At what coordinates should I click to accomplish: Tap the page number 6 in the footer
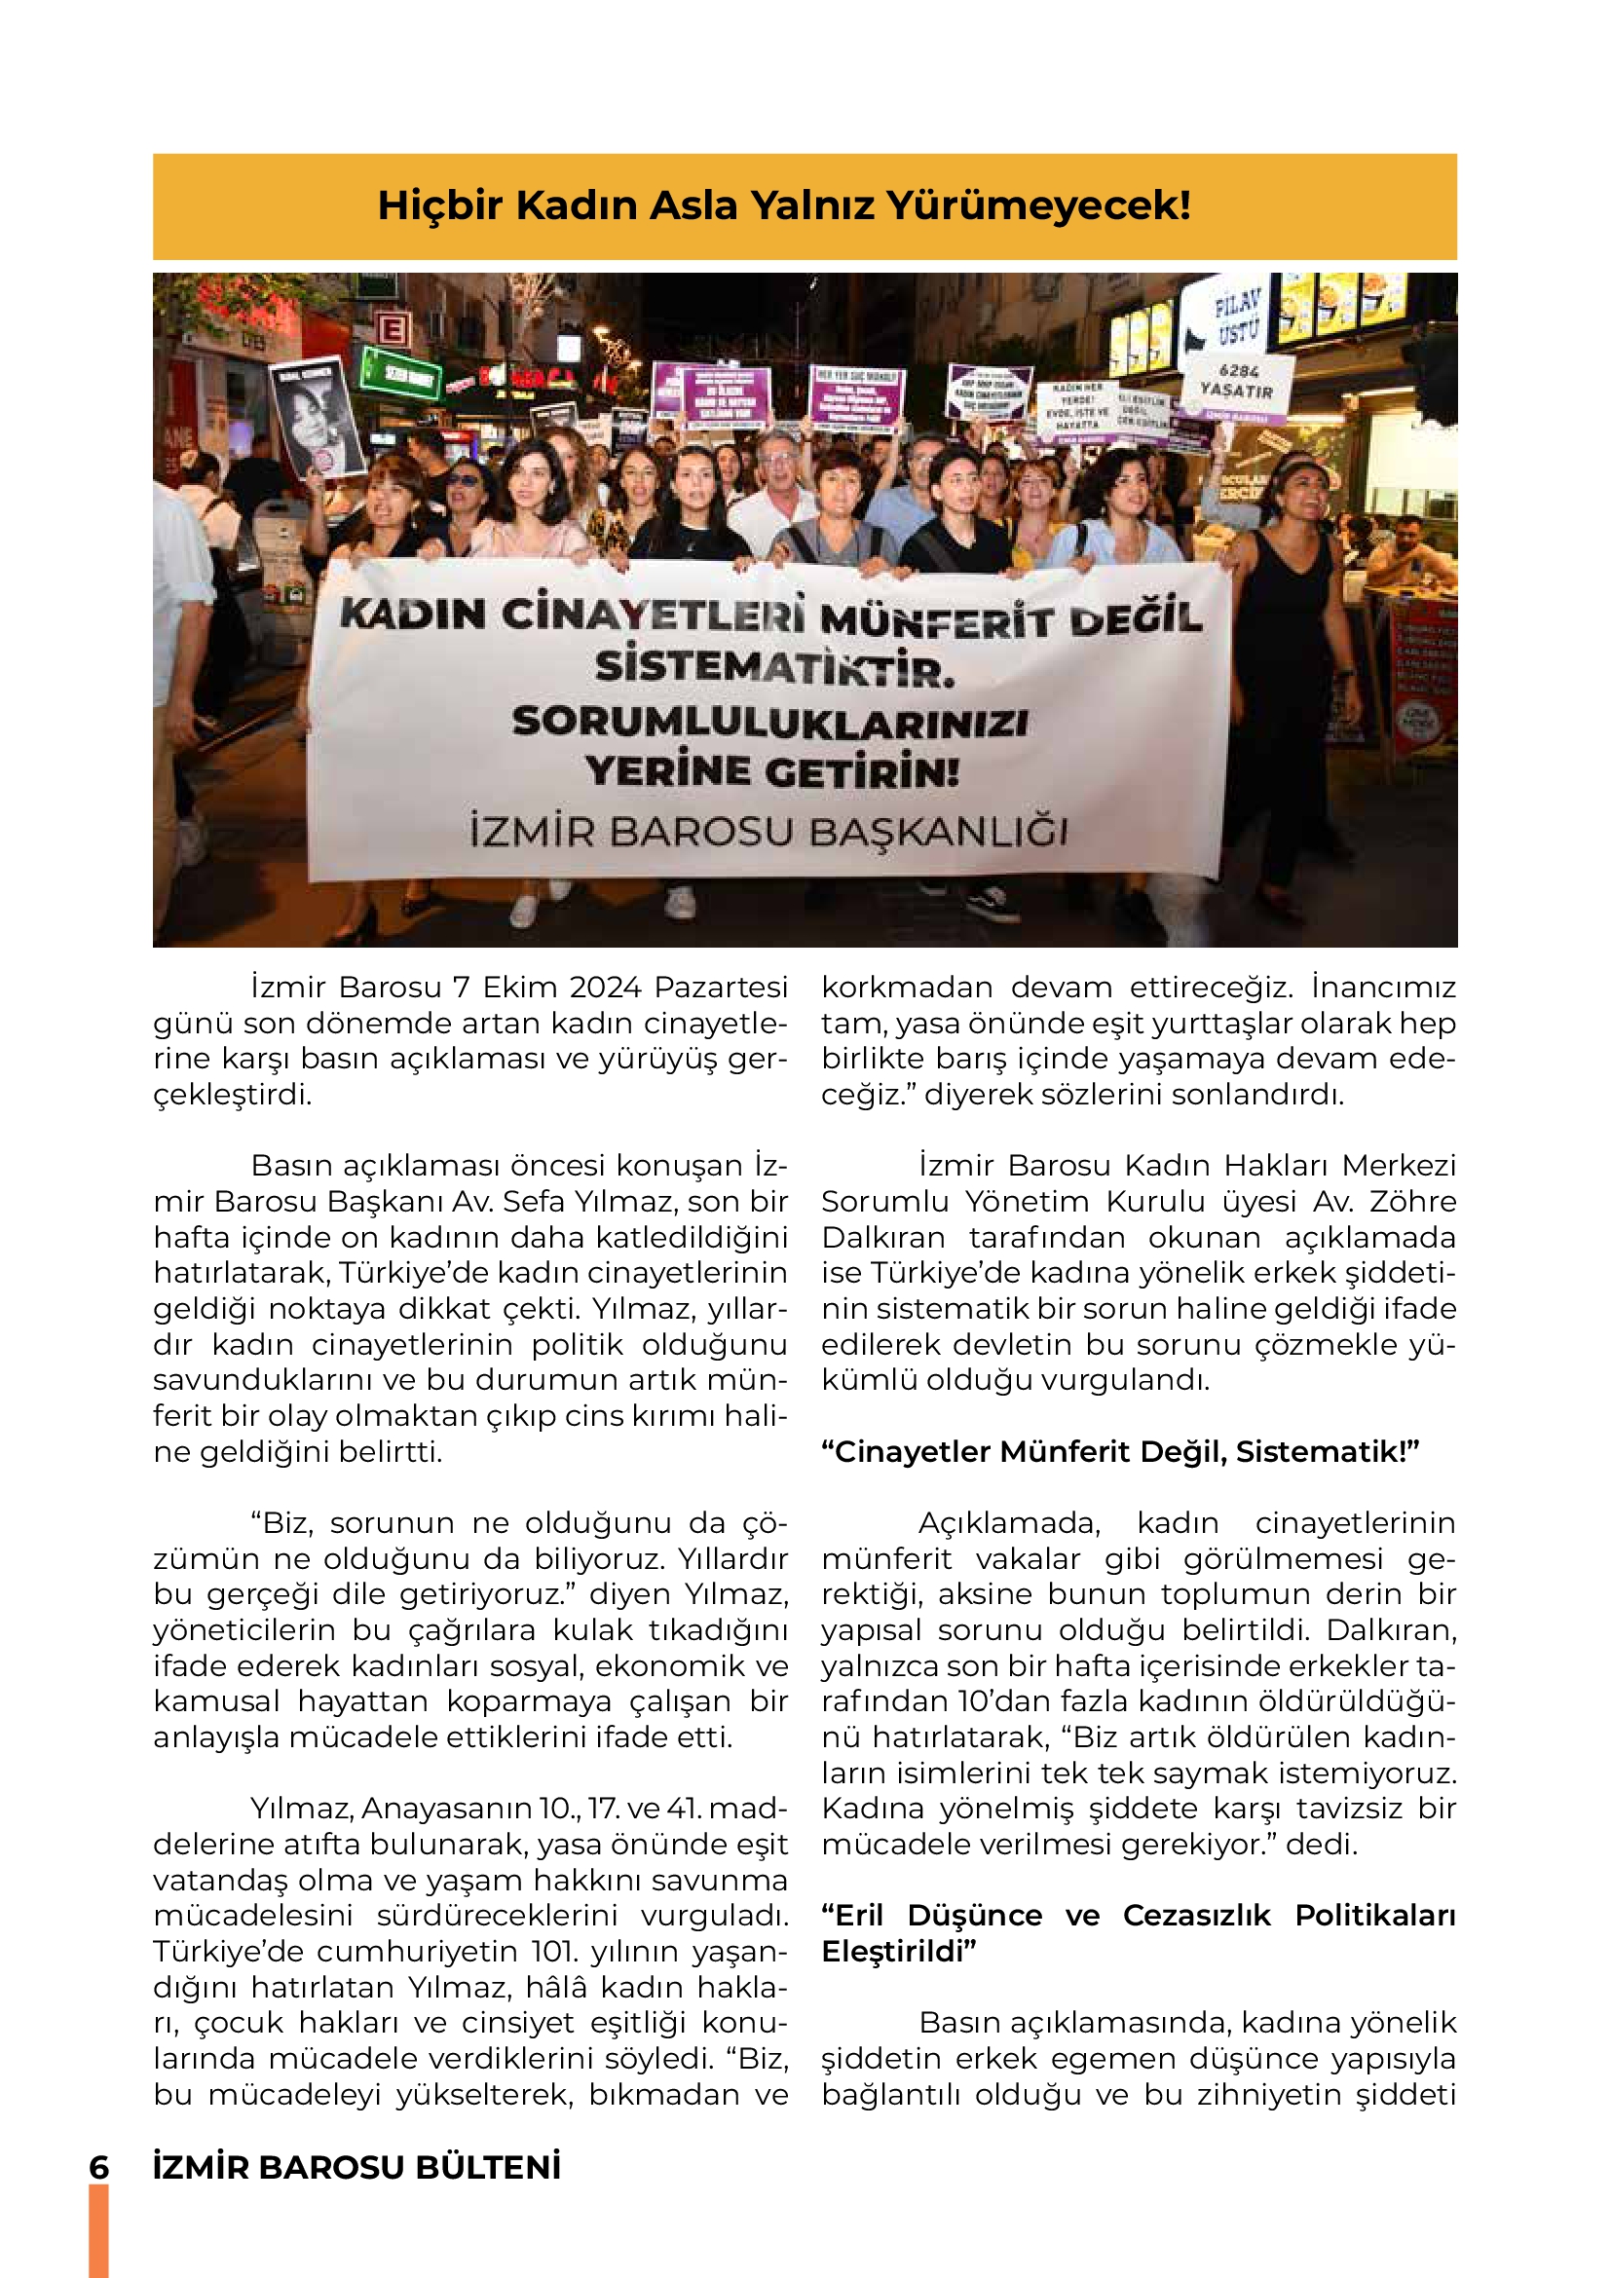coord(99,2167)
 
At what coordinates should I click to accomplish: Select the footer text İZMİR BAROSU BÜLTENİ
coord(357,2167)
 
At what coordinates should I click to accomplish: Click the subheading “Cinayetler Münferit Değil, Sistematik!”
coord(1120,1451)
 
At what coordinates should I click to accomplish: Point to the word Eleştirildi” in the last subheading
coord(899,1952)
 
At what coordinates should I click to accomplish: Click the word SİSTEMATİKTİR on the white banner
coord(774,669)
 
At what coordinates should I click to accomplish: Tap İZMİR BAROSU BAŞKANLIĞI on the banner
coord(768,832)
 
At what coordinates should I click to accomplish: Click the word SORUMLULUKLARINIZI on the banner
coord(769,722)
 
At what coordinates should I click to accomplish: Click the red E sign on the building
coord(393,329)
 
